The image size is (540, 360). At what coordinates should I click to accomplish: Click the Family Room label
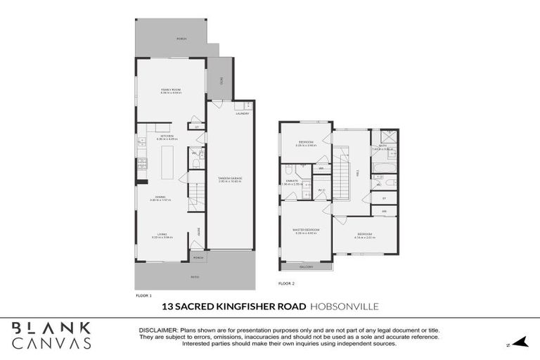tap(171, 90)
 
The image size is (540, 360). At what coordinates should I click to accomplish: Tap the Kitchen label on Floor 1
tap(167, 136)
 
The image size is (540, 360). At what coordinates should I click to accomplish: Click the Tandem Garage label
tap(230, 178)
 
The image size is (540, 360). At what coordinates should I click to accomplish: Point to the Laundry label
tap(243, 113)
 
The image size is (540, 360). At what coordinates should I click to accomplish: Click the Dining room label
tap(160, 198)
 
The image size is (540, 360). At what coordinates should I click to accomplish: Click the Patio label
tap(195, 276)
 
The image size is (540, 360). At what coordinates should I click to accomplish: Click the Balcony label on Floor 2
tap(306, 267)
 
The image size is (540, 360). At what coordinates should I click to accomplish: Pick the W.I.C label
tap(321, 189)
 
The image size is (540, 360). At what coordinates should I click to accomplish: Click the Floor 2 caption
tap(286, 283)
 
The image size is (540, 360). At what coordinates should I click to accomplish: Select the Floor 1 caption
tap(143, 296)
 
